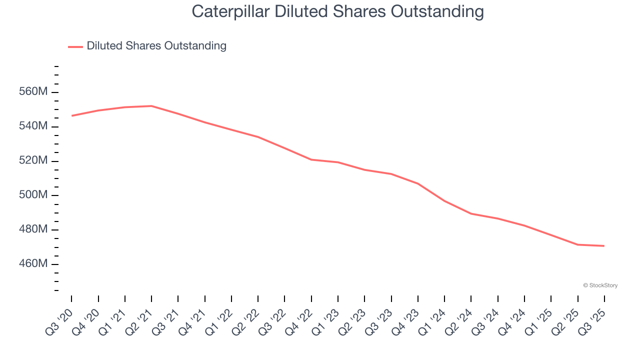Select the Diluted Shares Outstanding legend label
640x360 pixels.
(156, 46)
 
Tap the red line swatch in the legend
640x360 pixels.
(75, 46)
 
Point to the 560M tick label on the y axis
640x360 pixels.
(33, 92)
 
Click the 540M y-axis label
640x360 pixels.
(33, 126)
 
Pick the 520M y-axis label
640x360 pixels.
(33, 161)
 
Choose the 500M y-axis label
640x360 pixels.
(33, 195)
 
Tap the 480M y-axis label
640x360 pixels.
(33, 229)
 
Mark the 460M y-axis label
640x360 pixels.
(33, 264)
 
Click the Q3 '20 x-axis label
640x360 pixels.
(59, 320)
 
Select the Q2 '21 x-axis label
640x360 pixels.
(139, 320)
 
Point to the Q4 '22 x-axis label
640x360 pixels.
(299, 320)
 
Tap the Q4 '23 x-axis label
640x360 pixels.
(406, 320)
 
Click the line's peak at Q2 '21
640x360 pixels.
(151, 106)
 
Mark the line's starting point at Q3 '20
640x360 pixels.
(71, 116)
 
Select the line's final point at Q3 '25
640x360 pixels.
(604, 246)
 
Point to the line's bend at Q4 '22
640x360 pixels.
(311, 159)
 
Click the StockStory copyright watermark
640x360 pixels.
(600, 285)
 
